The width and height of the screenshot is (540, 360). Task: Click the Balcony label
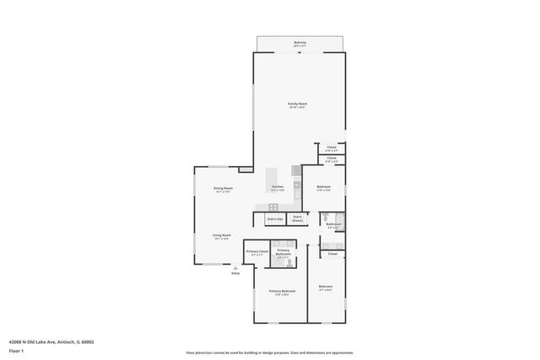click(300, 43)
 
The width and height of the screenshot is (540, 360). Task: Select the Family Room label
click(298, 105)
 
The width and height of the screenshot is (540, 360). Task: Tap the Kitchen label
click(277, 188)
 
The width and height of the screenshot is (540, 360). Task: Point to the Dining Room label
click(223, 189)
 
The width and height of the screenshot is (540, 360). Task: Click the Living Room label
click(222, 237)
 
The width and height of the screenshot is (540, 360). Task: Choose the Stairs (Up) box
click(274, 219)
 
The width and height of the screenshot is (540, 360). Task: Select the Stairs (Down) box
click(298, 218)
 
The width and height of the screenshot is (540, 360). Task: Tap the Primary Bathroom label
click(283, 252)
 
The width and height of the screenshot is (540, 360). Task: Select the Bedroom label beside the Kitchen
click(323, 188)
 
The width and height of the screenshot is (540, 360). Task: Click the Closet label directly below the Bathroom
click(332, 253)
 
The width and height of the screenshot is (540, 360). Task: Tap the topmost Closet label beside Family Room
click(332, 148)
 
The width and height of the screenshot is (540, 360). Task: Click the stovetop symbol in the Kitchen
click(273, 207)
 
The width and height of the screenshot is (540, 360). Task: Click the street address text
click(51, 341)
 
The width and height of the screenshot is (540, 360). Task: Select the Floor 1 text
click(16, 351)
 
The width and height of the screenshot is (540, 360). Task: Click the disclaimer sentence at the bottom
click(269, 353)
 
